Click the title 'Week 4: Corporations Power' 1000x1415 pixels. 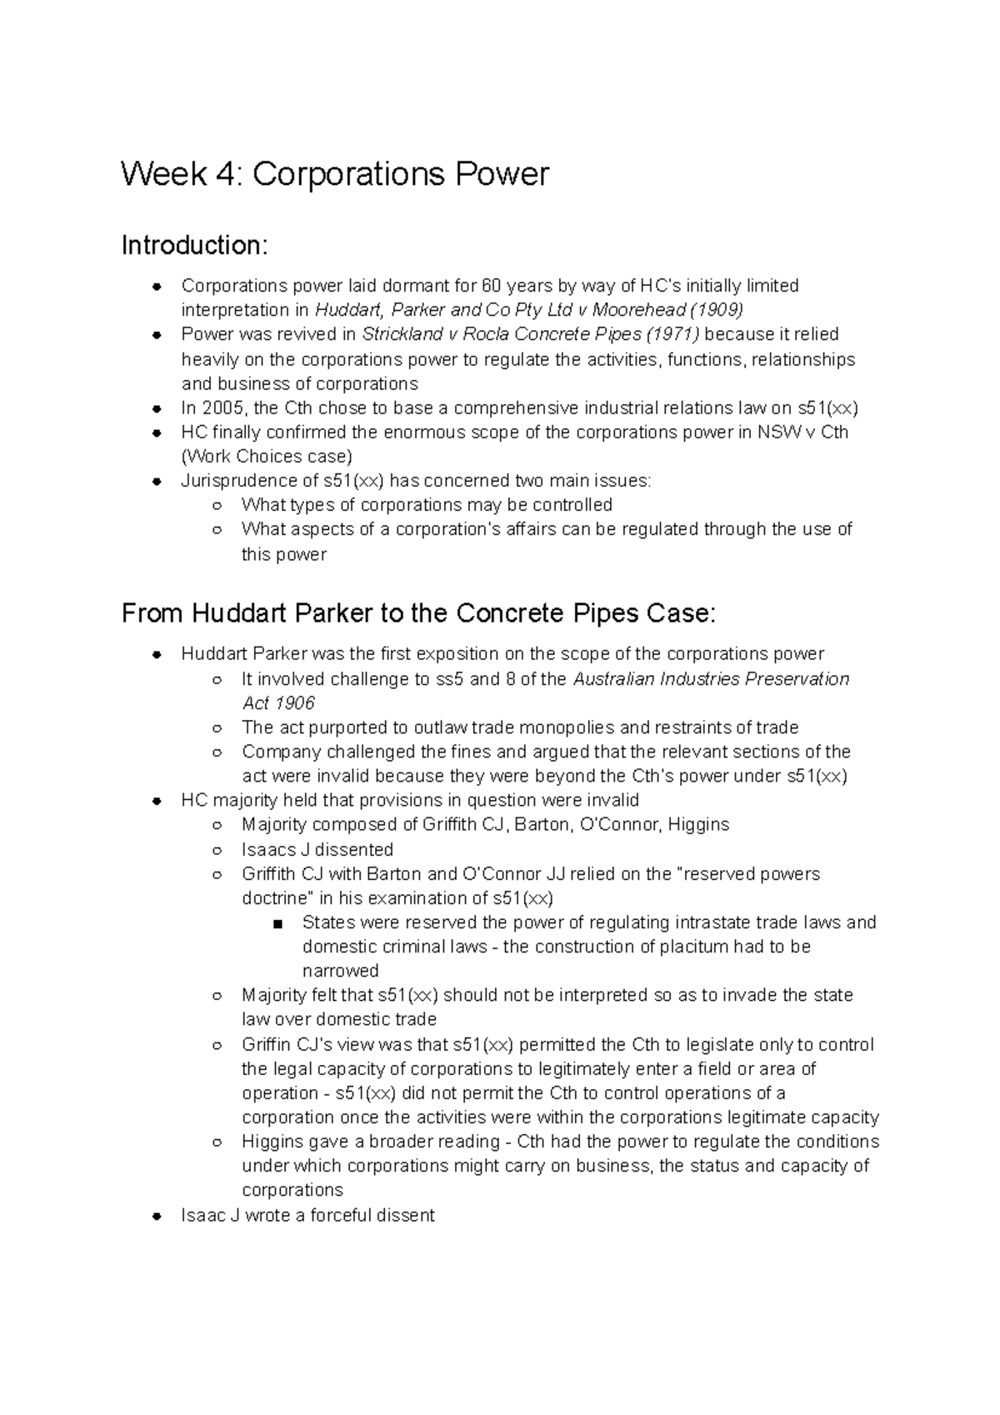coord(335,175)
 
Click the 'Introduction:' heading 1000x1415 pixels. coord(195,246)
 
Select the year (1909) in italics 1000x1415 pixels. coord(716,310)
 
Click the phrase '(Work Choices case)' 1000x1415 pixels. coord(267,457)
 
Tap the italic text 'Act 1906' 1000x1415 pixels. coord(278,702)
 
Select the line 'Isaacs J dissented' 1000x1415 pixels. coord(317,849)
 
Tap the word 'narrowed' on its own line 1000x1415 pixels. coord(340,971)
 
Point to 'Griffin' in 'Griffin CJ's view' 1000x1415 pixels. coord(267,1045)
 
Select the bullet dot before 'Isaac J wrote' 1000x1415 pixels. coord(156,1216)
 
